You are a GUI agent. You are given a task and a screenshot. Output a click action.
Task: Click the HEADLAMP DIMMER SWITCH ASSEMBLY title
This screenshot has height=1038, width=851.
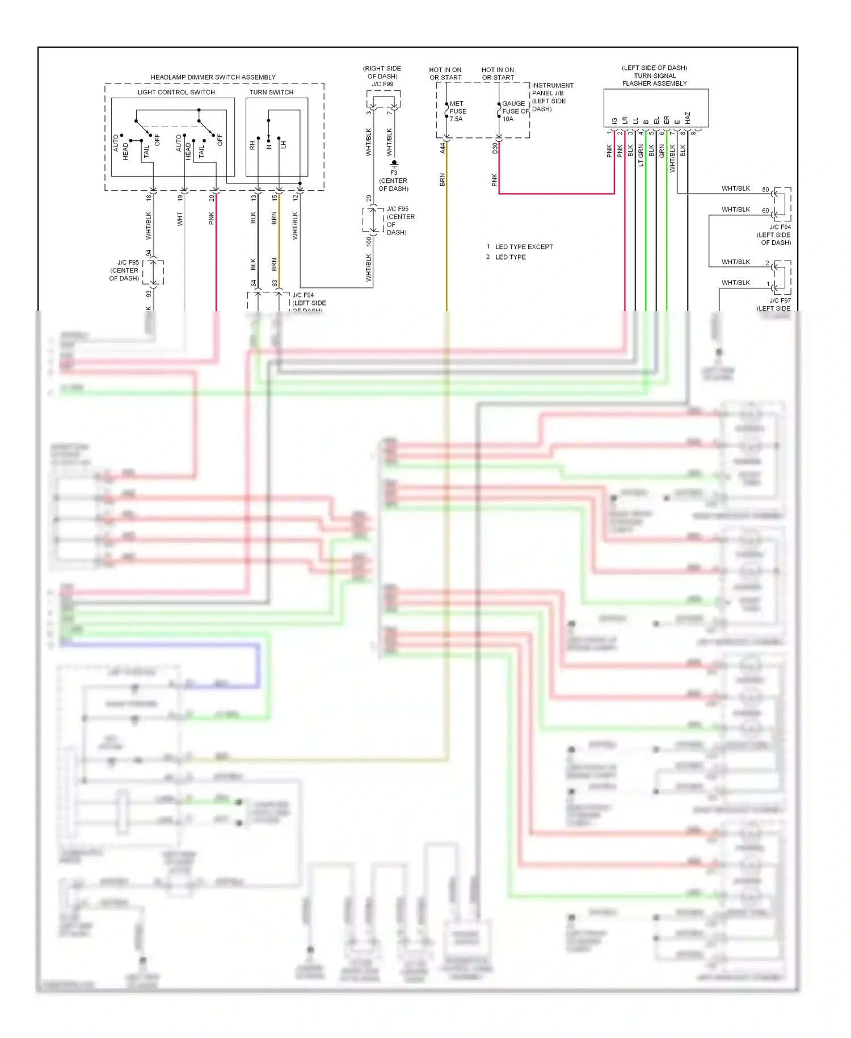213,77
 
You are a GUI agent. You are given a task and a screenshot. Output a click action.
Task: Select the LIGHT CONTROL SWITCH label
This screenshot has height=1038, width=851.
176,92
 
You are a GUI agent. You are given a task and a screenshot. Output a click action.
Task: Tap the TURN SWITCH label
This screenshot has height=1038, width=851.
271,92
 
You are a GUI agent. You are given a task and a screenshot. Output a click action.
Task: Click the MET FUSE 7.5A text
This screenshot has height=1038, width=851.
457,111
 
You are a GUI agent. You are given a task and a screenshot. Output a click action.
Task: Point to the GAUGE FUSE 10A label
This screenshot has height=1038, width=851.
515,111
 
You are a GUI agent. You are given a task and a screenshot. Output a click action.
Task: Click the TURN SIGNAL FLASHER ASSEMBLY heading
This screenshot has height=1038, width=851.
654,79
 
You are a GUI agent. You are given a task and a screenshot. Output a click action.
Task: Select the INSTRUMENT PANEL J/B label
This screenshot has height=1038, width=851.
552,89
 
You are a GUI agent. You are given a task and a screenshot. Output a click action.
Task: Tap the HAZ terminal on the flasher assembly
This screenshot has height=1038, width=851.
688,118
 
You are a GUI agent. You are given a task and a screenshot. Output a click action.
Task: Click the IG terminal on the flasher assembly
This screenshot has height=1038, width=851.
614,120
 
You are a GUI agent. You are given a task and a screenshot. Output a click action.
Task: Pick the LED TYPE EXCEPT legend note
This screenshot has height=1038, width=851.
523,247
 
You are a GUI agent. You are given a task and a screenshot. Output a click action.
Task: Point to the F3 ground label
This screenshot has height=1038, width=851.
394,173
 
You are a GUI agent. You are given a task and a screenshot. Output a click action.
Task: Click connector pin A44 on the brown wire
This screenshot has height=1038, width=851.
443,148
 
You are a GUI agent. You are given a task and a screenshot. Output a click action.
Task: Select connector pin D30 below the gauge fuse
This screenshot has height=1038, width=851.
495,148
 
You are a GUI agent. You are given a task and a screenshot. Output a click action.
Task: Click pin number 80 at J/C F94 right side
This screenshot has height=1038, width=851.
765,190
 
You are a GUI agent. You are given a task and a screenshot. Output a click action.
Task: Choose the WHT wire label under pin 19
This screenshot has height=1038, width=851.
180,219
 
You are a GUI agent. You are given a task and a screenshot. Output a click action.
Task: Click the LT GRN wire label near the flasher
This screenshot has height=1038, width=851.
641,155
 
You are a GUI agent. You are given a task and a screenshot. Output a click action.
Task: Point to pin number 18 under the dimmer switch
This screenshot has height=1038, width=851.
149,198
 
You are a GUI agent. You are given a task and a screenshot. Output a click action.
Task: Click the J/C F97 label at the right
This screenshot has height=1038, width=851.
780,300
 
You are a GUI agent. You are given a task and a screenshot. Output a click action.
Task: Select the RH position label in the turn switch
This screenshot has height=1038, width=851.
252,146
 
